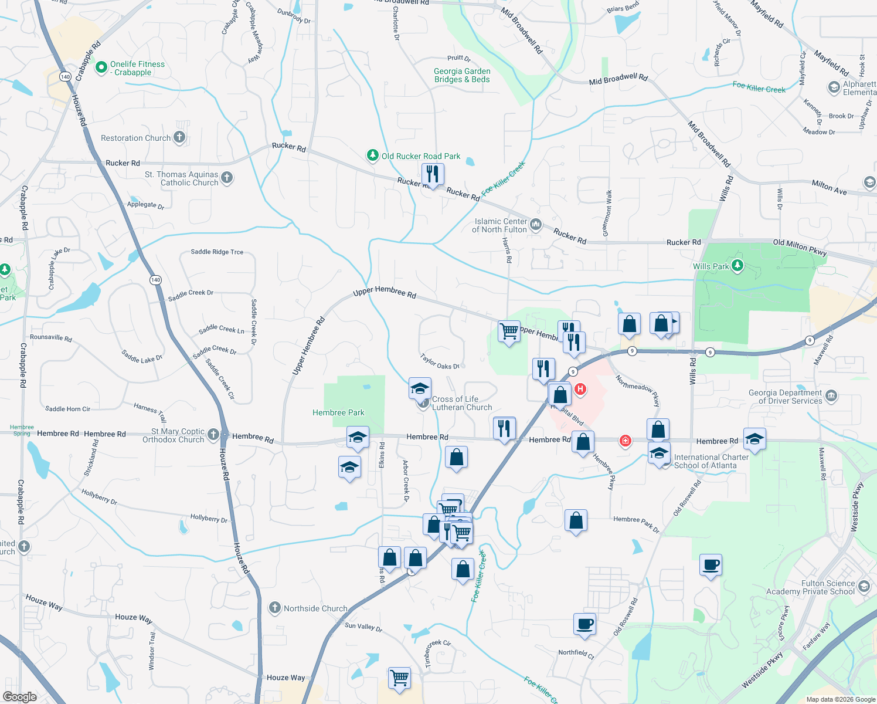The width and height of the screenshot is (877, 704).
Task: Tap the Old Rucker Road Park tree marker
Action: point(372,155)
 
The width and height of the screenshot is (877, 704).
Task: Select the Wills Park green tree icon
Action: point(737,266)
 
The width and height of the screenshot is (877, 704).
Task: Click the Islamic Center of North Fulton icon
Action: point(535,225)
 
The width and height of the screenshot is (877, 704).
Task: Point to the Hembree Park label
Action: point(338,413)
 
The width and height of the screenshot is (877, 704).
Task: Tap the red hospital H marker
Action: point(580,389)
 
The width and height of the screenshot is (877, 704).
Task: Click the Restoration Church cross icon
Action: point(179,138)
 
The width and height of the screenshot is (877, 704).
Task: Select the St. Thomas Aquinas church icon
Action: point(227,177)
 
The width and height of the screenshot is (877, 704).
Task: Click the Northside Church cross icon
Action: point(275,608)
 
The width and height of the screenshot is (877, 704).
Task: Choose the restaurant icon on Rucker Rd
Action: point(433,174)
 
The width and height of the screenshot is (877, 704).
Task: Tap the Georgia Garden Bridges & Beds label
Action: point(462,75)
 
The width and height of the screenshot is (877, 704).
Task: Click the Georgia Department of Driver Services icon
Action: point(831,397)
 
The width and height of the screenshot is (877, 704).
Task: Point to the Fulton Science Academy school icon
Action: point(864,587)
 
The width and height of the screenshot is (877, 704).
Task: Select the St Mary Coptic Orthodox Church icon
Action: point(213,435)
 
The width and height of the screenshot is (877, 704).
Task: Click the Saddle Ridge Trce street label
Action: point(217,252)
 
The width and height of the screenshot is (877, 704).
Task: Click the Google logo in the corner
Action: point(20,696)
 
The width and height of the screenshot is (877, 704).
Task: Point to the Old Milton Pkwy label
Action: point(800,248)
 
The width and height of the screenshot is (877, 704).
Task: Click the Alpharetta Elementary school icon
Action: point(834,88)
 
